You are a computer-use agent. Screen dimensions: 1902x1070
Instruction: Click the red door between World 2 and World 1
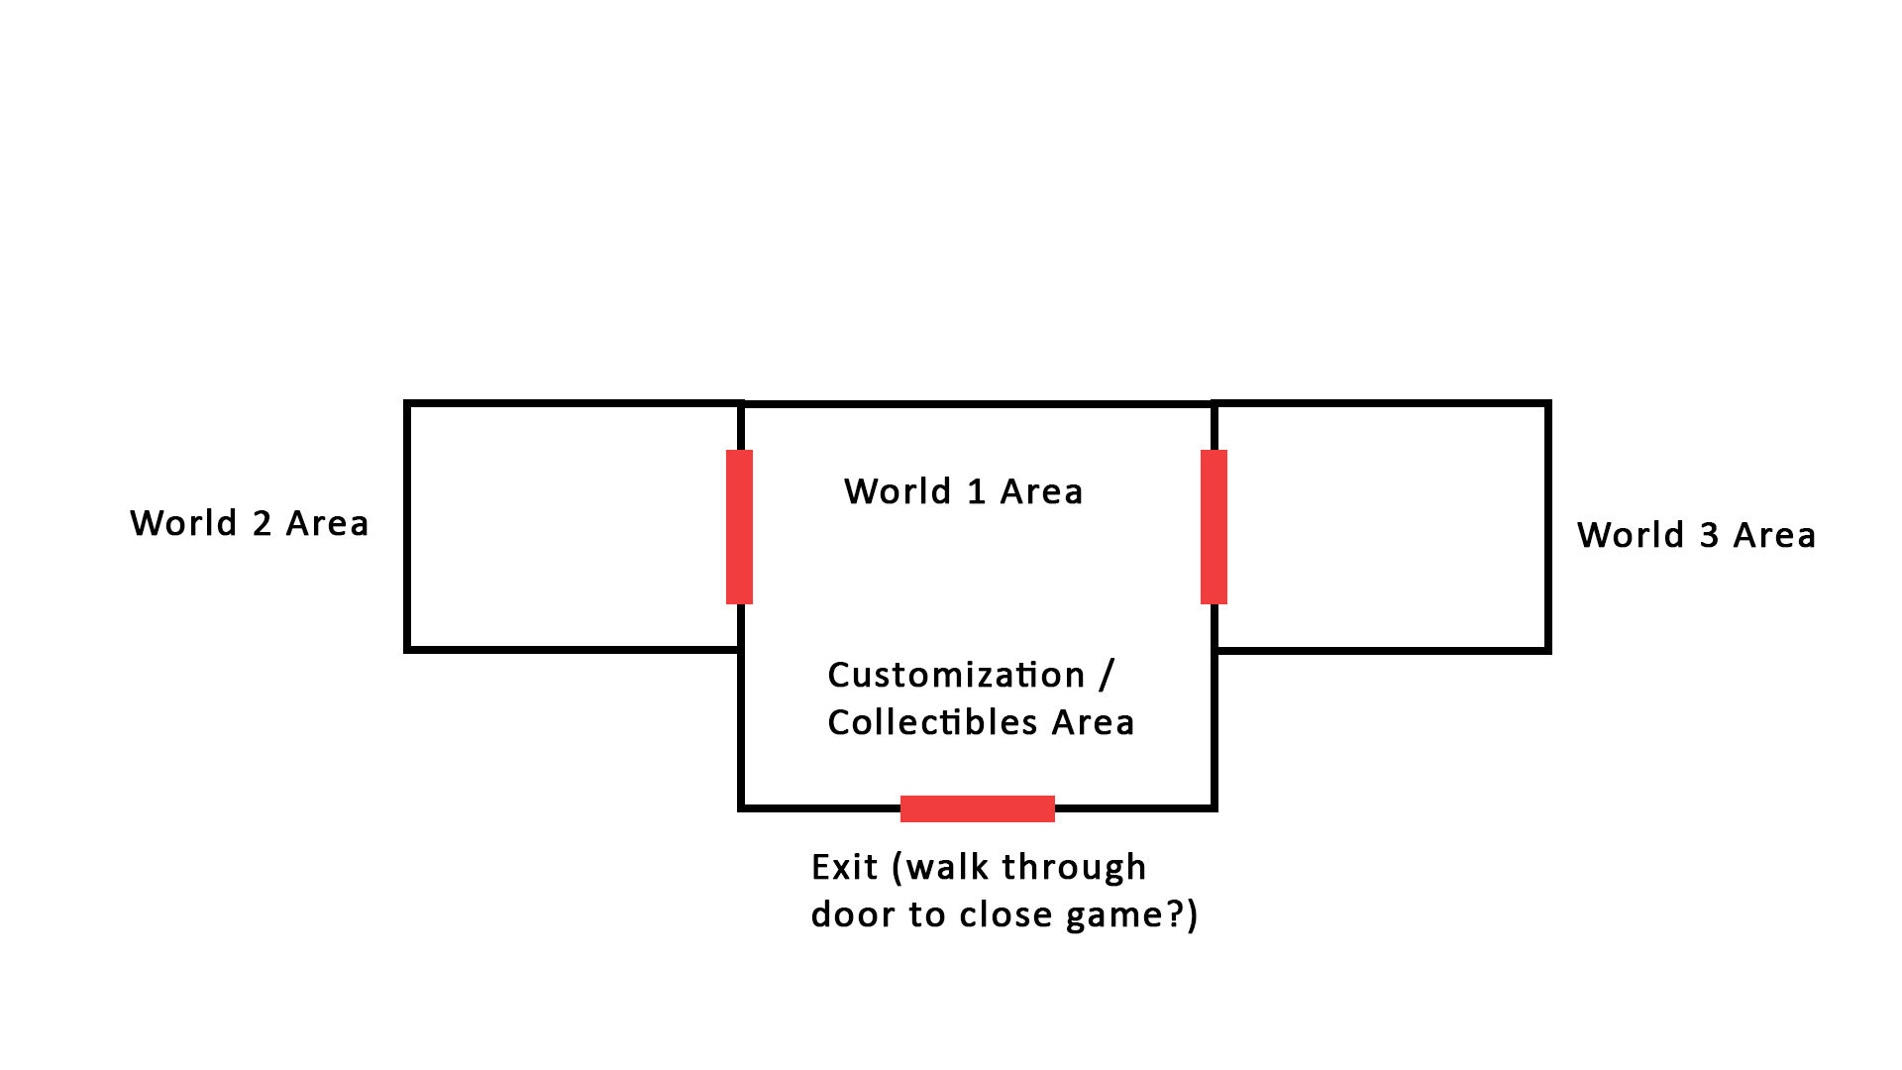[x=739, y=527]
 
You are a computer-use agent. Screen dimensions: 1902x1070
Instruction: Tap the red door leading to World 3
[x=1214, y=527]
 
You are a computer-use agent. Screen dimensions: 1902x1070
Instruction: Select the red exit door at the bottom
[x=978, y=808]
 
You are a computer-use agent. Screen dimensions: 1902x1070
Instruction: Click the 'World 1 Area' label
[x=963, y=491]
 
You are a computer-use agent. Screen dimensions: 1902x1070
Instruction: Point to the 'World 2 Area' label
[x=250, y=523]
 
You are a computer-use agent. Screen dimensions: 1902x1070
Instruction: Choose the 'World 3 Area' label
[x=1697, y=535]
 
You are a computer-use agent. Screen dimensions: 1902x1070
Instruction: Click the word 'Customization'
[x=956, y=675]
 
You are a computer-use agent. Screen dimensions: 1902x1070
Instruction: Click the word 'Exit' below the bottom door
[x=844, y=867]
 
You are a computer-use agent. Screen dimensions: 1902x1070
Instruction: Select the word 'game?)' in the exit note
[x=1131, y=915]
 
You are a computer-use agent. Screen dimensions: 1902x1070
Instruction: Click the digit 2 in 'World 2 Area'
[x=263, y=523]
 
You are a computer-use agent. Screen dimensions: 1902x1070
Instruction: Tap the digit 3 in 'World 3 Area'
[x=1709, y=535]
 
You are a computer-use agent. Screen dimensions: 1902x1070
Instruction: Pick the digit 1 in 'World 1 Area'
[x=977, y=491]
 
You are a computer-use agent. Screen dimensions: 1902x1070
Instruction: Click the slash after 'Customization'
[x=1107, y=675]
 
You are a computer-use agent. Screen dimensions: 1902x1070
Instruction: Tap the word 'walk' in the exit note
[x=948, y=867]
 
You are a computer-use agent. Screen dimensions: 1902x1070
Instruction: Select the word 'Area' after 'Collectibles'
[x=1093, y=722]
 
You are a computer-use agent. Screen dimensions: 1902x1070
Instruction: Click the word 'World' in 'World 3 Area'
[x=1631, y=535]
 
